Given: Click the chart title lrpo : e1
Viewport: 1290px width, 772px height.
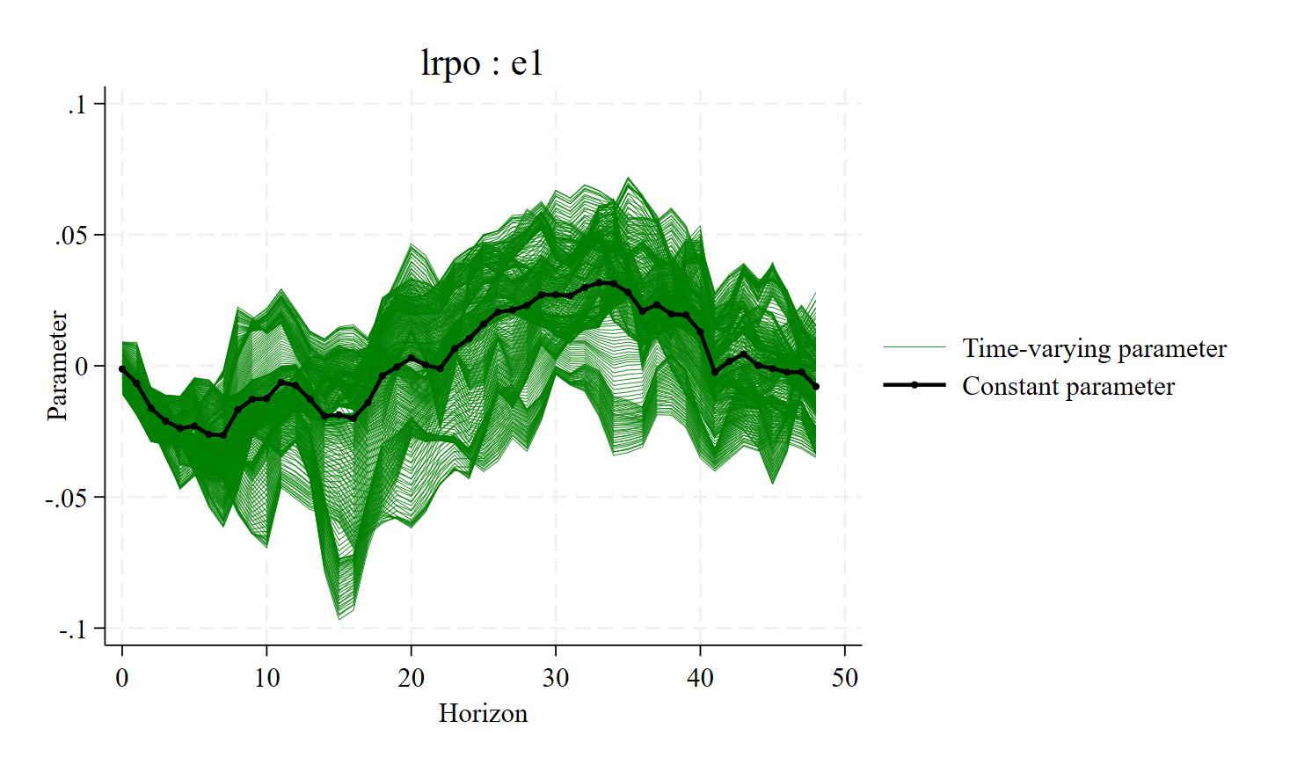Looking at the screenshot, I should point(482,63).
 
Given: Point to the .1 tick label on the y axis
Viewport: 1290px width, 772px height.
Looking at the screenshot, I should point(77,105).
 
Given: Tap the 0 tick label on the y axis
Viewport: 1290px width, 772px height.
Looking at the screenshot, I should point(82,367).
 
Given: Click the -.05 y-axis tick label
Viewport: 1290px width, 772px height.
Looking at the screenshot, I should point(67,498).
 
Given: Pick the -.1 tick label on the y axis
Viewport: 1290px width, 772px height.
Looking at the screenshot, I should point(73,630).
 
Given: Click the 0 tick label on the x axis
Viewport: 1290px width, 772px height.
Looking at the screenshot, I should point(122,678).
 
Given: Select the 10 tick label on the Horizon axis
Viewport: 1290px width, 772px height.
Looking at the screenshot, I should point(266,678).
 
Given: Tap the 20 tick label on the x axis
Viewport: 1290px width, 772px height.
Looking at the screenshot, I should point(411,678).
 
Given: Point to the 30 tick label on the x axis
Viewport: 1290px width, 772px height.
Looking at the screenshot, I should point(556,678).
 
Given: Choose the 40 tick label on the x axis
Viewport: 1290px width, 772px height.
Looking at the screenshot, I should point(700,678).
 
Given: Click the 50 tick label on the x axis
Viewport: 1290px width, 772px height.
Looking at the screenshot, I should point(845,678).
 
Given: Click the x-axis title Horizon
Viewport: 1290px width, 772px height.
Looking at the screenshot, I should point(483,713).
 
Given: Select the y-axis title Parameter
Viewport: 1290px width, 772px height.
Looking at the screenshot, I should point(57,366).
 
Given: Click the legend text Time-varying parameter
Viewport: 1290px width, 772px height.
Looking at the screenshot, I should point(1094,348).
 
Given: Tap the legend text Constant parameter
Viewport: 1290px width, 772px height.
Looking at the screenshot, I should point(1068,386).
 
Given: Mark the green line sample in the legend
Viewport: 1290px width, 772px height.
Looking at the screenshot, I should point(915,348).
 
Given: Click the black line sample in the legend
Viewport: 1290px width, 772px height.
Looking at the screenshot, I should point(915,385).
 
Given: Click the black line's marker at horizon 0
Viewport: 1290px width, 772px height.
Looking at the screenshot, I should point(122,369).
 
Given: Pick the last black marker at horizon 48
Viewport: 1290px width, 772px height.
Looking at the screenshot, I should point(816,387).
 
